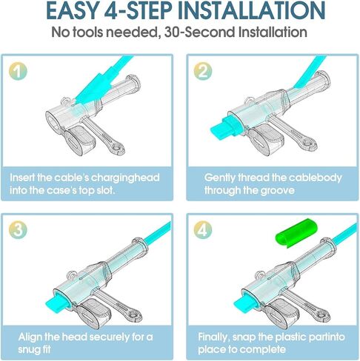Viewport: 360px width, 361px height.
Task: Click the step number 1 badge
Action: (x=18, y=71)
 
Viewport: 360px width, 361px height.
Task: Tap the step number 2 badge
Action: (x=203, y=71)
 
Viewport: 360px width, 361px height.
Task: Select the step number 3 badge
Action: (x=18, y=230)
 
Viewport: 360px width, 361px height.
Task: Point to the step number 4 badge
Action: (x=203, y=230)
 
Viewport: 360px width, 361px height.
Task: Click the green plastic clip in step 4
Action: (x=296, y=234)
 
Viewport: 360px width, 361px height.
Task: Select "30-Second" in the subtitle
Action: (x=199, y=32)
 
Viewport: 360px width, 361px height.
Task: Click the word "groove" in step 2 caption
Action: (x=277, y=190)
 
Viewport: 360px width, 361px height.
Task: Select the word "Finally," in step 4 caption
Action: (x=213, y=337)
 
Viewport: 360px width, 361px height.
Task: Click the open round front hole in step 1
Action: (x=53, y=121)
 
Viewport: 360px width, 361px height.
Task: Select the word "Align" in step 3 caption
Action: (x=30, y=337)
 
